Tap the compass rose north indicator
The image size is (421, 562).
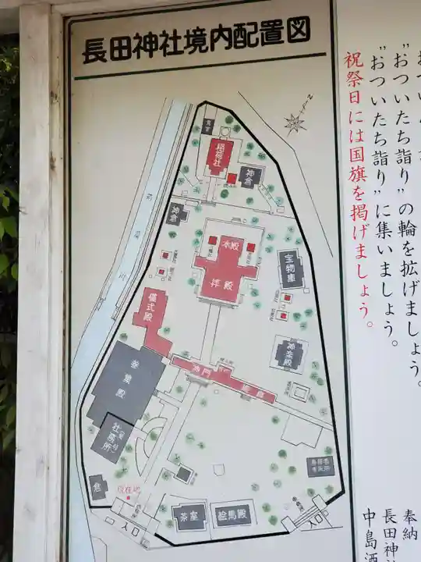(x=295, y=122)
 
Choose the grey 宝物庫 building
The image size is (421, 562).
(x=291, y=266)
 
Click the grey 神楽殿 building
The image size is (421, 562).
(x=291, y=352)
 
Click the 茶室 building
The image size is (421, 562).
(x=189, y=517)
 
